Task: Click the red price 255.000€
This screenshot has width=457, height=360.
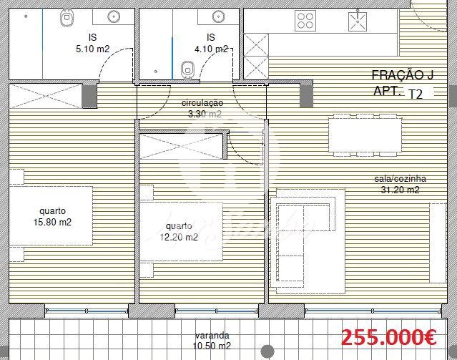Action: click(388, 338)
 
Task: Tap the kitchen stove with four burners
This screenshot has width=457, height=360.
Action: click(305, 21)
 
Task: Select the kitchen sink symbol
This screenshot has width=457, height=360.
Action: click(358, 20)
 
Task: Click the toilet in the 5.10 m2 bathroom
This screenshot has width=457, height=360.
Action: click(67, 18)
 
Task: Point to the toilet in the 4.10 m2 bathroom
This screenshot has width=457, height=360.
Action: click(187, 70)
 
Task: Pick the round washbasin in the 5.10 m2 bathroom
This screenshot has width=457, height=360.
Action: click(114, 16)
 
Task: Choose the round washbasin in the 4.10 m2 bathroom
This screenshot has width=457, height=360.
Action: click(218, 16)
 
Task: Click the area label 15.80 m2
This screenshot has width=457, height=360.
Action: click(52, 222)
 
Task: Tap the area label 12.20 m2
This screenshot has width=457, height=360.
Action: click(179, 237)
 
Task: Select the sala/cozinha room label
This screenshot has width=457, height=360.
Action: click(401, 178)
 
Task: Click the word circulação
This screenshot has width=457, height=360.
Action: click(202, 103)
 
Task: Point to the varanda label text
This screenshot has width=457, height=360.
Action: click(212, 336)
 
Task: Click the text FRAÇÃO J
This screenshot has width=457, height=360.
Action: click(403, 75)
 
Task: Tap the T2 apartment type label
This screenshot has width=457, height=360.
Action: click(416, 94)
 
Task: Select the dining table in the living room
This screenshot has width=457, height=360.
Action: click(365, 135)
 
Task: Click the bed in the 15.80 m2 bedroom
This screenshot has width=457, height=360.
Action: click(51, 215)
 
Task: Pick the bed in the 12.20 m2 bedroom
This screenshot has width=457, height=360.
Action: click(181, 231)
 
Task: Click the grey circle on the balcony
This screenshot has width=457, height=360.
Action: click(267, 351)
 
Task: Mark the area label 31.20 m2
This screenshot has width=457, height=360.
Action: click(401, 190)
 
